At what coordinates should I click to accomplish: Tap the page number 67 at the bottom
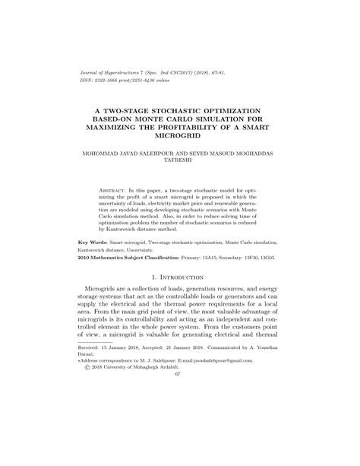tap(179, 438)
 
